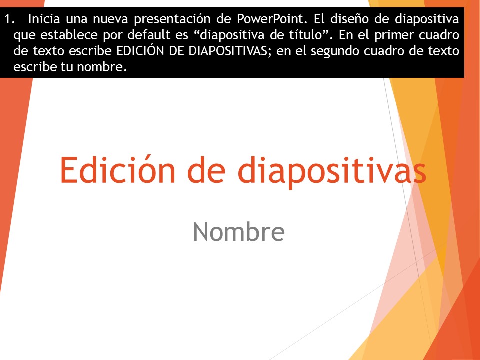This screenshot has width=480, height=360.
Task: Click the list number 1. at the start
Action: (9, 19)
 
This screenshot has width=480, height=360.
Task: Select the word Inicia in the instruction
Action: (44, 19)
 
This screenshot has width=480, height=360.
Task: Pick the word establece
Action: (69, 35)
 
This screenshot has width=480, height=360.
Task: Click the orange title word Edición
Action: (117, 169)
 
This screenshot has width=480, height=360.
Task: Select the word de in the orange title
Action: (206, 169)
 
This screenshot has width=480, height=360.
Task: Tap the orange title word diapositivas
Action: (332, 172)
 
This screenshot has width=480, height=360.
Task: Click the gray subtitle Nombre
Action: (239, 231)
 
